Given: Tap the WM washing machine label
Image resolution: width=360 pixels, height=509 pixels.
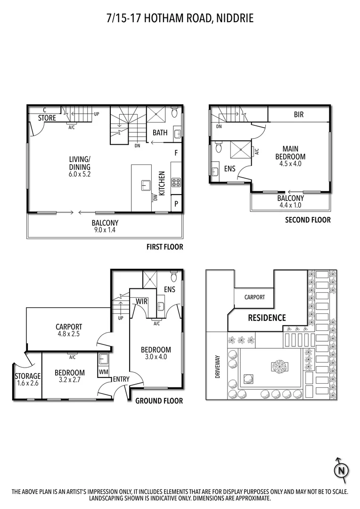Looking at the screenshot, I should pos(103,372).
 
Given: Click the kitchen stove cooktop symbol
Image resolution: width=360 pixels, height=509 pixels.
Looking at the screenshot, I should pos(176,181).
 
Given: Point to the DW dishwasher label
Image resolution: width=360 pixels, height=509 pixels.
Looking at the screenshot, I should pos(155,198).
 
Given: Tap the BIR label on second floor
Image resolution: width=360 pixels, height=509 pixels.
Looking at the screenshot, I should pos(299,115).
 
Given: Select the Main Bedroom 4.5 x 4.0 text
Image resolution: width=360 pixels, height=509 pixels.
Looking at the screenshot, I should pos(291,156).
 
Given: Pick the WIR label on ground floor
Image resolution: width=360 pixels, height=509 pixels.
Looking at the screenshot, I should pos(142,301).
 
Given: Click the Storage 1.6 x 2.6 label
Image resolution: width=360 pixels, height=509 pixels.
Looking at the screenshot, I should pos(28,380).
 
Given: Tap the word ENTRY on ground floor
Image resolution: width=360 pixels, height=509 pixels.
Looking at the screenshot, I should pos(121,379).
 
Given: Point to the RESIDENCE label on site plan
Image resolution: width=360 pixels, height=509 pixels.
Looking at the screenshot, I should pos(267,318).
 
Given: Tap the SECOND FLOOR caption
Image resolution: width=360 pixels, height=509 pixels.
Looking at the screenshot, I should pos(308,220).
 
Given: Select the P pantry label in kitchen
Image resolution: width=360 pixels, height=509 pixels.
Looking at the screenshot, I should pos(176,204).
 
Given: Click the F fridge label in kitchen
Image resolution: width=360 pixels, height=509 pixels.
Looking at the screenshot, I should pos(176,153).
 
